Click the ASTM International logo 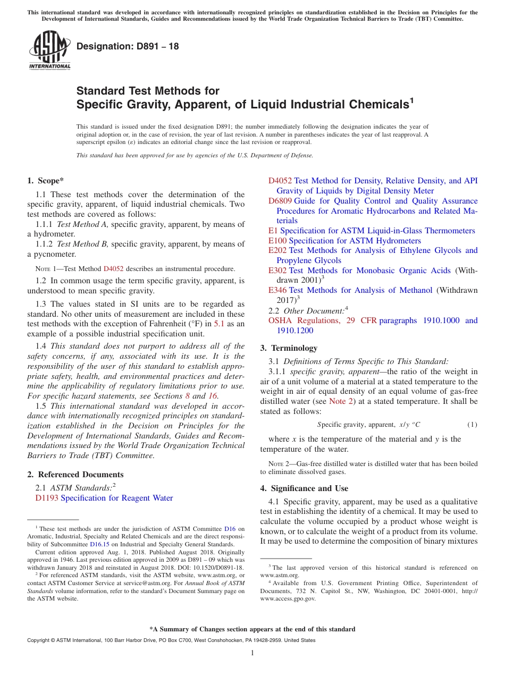(49, 50)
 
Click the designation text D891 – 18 (128, 46)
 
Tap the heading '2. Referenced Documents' (75, 475)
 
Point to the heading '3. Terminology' (289, 348)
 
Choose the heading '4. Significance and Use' (304, 488)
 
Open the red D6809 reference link (280, 201)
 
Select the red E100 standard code (277, 241)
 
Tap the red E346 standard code (277, 290)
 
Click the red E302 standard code (277, 271)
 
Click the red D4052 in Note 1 (113, 269)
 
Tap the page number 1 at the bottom (252, 653)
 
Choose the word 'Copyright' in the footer (38, 640)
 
